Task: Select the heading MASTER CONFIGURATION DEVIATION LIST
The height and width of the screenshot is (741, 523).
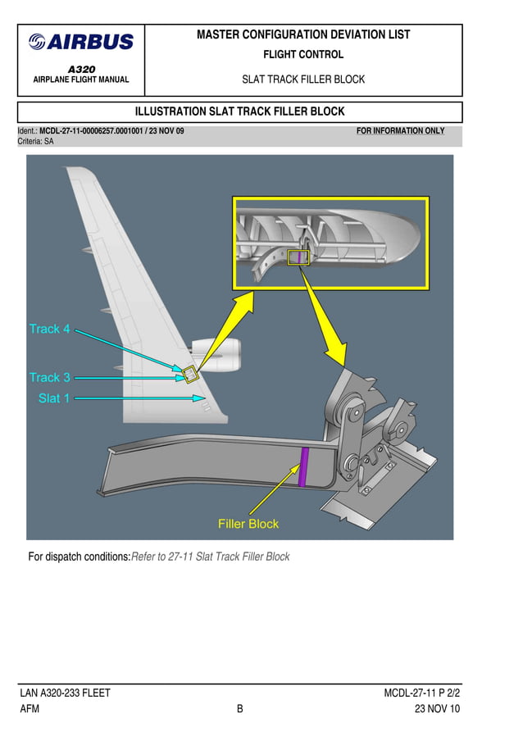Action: pyautogui.click(x=303, y=35)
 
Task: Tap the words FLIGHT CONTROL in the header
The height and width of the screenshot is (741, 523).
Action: pyautogui.click(x=303, y=55)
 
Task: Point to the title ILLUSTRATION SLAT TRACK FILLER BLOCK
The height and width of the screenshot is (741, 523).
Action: pyautogui.click(x=239, y=112)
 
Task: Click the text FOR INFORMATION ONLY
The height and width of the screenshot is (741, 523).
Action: pyautogui.click(x=401, y=131)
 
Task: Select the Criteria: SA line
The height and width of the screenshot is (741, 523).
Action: pyautogui.click(x=36, y=142)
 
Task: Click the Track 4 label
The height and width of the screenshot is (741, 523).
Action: pyautogui.click(x=49, y=329)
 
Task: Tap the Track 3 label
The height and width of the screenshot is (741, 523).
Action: pyautogui.click(x=49, y=378)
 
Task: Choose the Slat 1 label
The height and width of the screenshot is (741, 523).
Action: pyautogui.click(x=54, y=398)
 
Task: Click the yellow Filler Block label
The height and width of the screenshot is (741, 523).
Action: pyautogui.click(x=248, y=524)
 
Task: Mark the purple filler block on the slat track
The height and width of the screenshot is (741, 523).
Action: pyautogui.click(x=302, y=469)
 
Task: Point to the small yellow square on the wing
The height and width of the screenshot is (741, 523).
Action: pyautogui.click(x=189, y=375)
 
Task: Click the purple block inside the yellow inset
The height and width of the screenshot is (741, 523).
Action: pyautogui.click(x=299, y=257)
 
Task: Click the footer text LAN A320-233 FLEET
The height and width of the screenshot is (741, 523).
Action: pyautogui.click(x=65, y=693)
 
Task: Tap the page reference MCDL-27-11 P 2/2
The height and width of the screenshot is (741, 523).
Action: pyautogui.click(x=421, y=693)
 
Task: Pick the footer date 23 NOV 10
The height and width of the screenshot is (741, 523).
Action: pyautogui.click(x=437, y=709)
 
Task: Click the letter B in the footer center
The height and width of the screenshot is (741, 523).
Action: pyautogui.click(x=240, y=709)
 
